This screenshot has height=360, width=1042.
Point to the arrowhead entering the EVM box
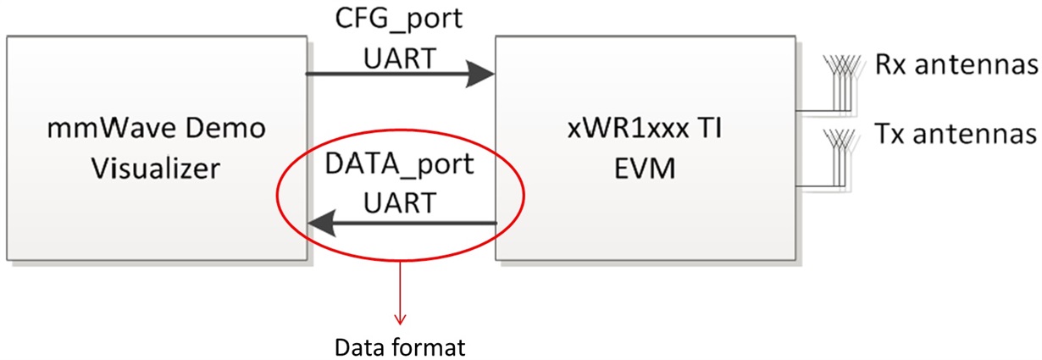pos(484,74)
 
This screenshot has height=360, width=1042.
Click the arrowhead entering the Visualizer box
pos(319,224)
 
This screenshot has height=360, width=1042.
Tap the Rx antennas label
pos(956,65)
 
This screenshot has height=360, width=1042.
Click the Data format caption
pos(400,347)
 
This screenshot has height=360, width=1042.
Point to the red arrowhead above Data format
pos(400,319)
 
